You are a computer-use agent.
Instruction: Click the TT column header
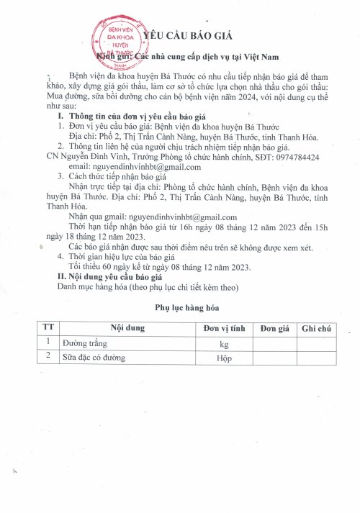point(48,328)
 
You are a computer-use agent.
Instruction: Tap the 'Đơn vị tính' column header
point(224,328)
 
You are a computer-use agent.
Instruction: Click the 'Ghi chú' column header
point(316,328)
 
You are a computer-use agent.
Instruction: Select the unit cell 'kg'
point(224,343)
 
